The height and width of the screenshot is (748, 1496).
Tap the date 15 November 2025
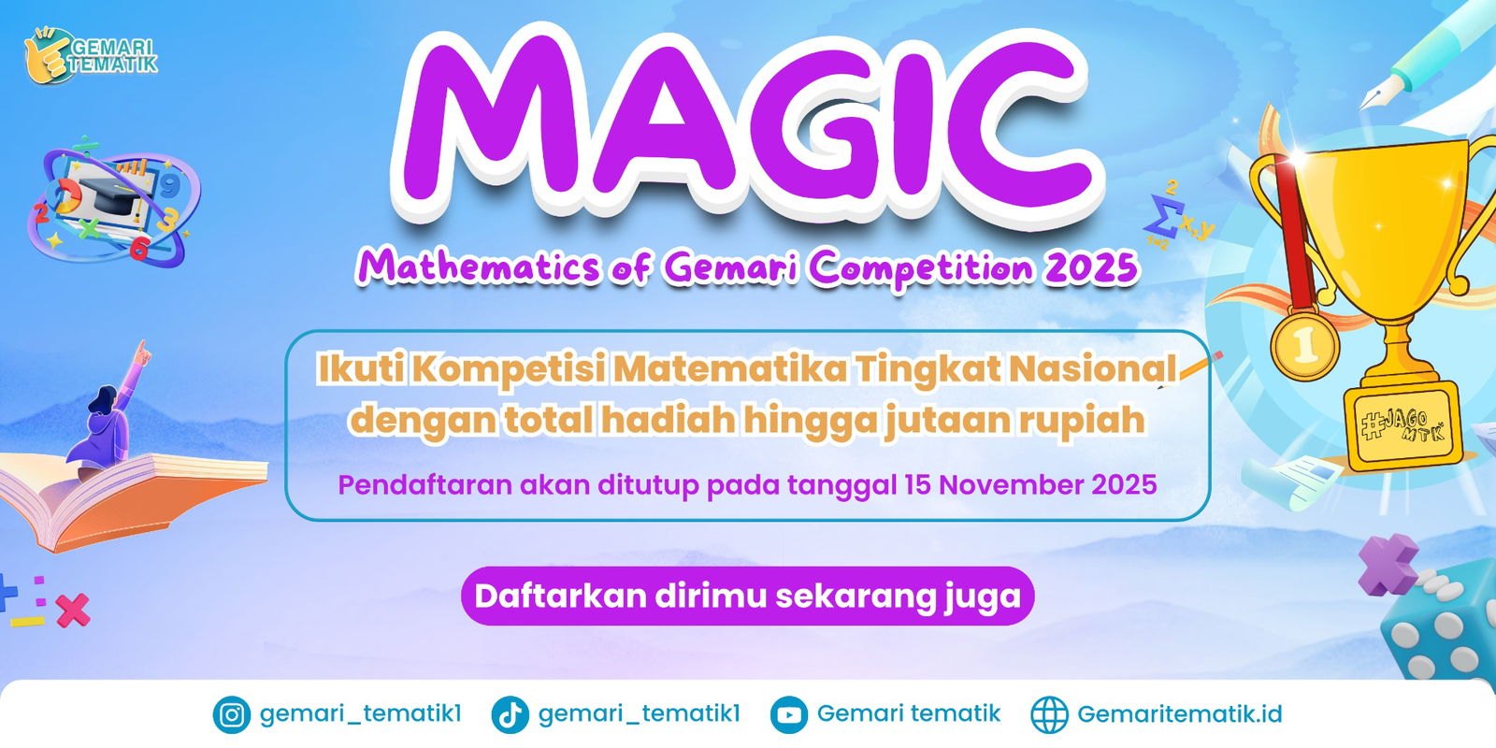point(1030,485)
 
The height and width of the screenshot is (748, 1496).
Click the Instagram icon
point(231,715)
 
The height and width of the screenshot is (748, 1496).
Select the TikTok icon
point(510,715)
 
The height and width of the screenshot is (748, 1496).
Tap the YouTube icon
point(788,715)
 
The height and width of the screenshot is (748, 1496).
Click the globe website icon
point(1048,715)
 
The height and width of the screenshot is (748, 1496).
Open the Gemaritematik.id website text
point(1179,714)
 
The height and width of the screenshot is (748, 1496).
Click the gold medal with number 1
point(1304,344)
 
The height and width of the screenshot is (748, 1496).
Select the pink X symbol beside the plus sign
point(72,611)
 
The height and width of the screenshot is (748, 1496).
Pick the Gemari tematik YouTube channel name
point(908,714)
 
